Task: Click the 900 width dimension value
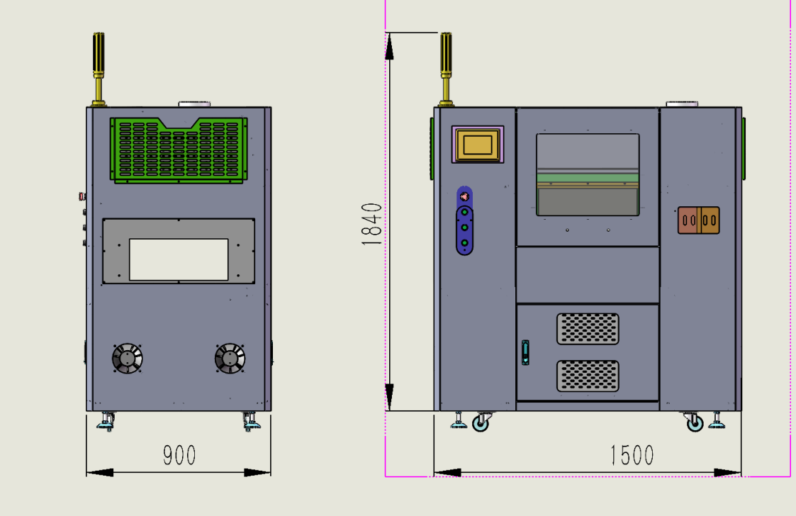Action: (179, 455)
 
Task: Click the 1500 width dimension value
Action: (632, 455)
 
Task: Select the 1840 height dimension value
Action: (371, 224)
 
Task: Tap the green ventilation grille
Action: (179, 150)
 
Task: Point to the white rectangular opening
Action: (179, 259)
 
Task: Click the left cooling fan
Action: (127, 359)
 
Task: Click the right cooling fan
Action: (230, 359)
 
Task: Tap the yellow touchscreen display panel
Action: (478, 145)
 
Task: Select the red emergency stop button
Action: (464, 196)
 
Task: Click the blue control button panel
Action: (464, 221)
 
